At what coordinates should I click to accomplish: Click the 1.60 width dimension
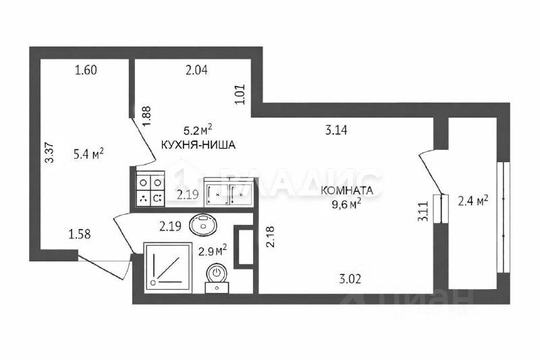[86, 70]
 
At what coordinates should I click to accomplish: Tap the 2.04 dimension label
[198, 70]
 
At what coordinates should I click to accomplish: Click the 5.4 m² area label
[87, 155]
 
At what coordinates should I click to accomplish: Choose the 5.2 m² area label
[198, 128]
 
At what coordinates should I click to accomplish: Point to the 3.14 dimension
[335, 131]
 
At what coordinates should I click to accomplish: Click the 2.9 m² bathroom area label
[212, 251]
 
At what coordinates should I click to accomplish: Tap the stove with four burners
[151, 190]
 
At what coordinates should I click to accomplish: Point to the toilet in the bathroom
[217, 276]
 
